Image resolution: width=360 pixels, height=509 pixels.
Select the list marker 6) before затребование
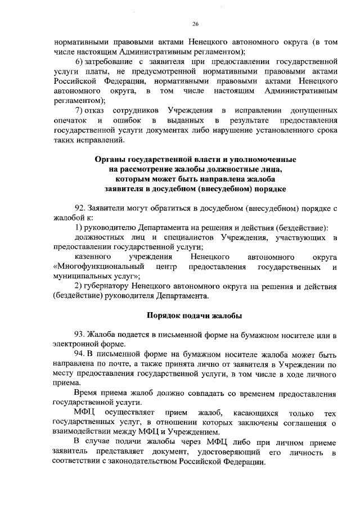79,60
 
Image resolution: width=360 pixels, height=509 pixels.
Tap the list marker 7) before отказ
79,110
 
